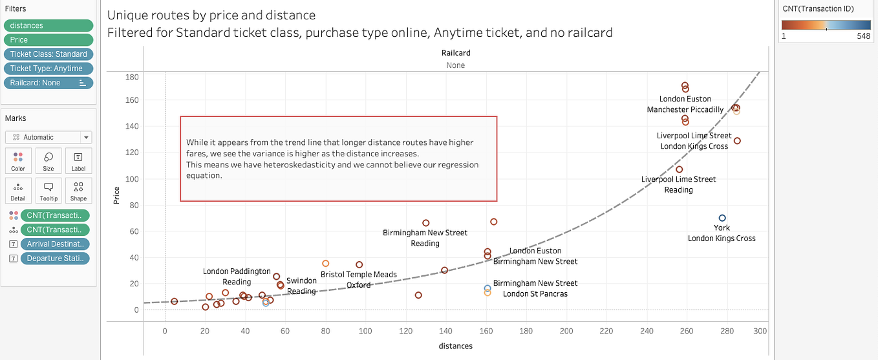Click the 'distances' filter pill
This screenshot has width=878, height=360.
48,25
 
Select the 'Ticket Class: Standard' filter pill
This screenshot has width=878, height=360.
48,54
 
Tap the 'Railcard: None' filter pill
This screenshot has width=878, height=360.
48,83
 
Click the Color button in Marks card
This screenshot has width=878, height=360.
18,160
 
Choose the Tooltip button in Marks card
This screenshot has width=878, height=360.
48,191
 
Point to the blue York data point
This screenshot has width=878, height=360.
722,218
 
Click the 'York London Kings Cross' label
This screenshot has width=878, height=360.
722,233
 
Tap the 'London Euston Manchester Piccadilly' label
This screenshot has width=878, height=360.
685,105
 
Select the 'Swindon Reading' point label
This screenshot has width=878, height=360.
301,286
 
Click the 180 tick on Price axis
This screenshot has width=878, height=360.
131,77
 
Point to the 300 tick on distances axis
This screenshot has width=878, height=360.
760,331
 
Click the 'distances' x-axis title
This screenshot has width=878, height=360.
455,346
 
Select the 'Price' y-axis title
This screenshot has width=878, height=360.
117,195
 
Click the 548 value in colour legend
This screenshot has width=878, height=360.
864,36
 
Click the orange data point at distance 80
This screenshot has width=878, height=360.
326,263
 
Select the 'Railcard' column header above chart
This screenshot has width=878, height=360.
455,53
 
